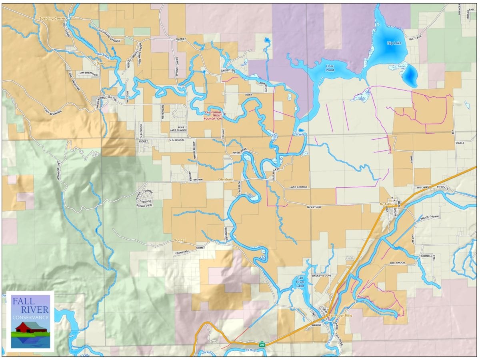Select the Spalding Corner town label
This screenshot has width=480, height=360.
pos(52,19)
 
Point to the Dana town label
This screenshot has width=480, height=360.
pos(100,63)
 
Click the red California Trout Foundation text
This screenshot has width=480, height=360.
pos(213,116)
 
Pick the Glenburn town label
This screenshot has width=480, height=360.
pos(226,180)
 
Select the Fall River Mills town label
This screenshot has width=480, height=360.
pos(340,316)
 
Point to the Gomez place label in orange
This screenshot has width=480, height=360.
pos(179,240)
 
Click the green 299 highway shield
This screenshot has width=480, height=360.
pos(262,344)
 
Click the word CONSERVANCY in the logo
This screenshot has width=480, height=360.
pos(30,317)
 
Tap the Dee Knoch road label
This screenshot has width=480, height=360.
pos(398,263)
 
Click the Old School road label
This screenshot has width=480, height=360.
pos(176,140)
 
